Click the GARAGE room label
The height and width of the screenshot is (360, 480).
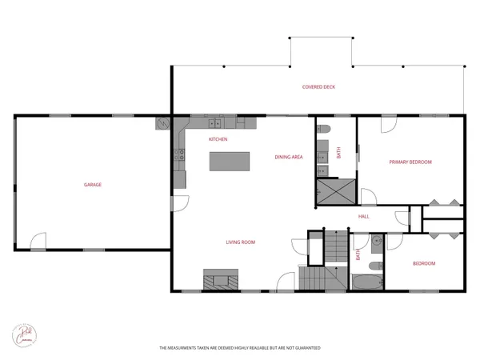point(93,185)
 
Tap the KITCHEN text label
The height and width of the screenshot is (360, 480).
point(218,139)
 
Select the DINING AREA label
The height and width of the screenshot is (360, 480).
point(288,157)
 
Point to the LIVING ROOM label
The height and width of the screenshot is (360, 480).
point(240,241)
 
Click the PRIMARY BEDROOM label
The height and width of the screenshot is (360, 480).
point(410,162)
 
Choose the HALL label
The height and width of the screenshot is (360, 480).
point(363,216)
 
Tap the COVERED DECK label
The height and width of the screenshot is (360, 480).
point(318,86)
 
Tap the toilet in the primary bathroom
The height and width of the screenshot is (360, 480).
point(324,130)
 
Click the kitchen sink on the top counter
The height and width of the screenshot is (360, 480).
point(215,122)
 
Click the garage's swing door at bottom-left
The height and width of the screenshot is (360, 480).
point(38,241)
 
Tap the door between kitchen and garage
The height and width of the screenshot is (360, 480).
point(182,203)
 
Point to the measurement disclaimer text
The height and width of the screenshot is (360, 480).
point(239,348)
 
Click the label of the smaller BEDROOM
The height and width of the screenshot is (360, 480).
point(424,263)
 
